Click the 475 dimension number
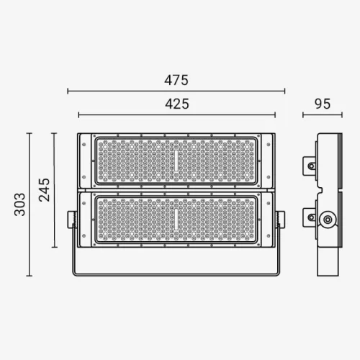point(176,80)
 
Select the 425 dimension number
point(177,104)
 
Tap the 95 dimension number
point(323,104)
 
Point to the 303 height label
point(20,204)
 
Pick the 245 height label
point(45,190)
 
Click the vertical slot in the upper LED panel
point(176,161)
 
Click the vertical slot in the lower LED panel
point(176,219)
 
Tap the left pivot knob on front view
point(72,220)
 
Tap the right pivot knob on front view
point(280,220)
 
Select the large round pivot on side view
point(328,220)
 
